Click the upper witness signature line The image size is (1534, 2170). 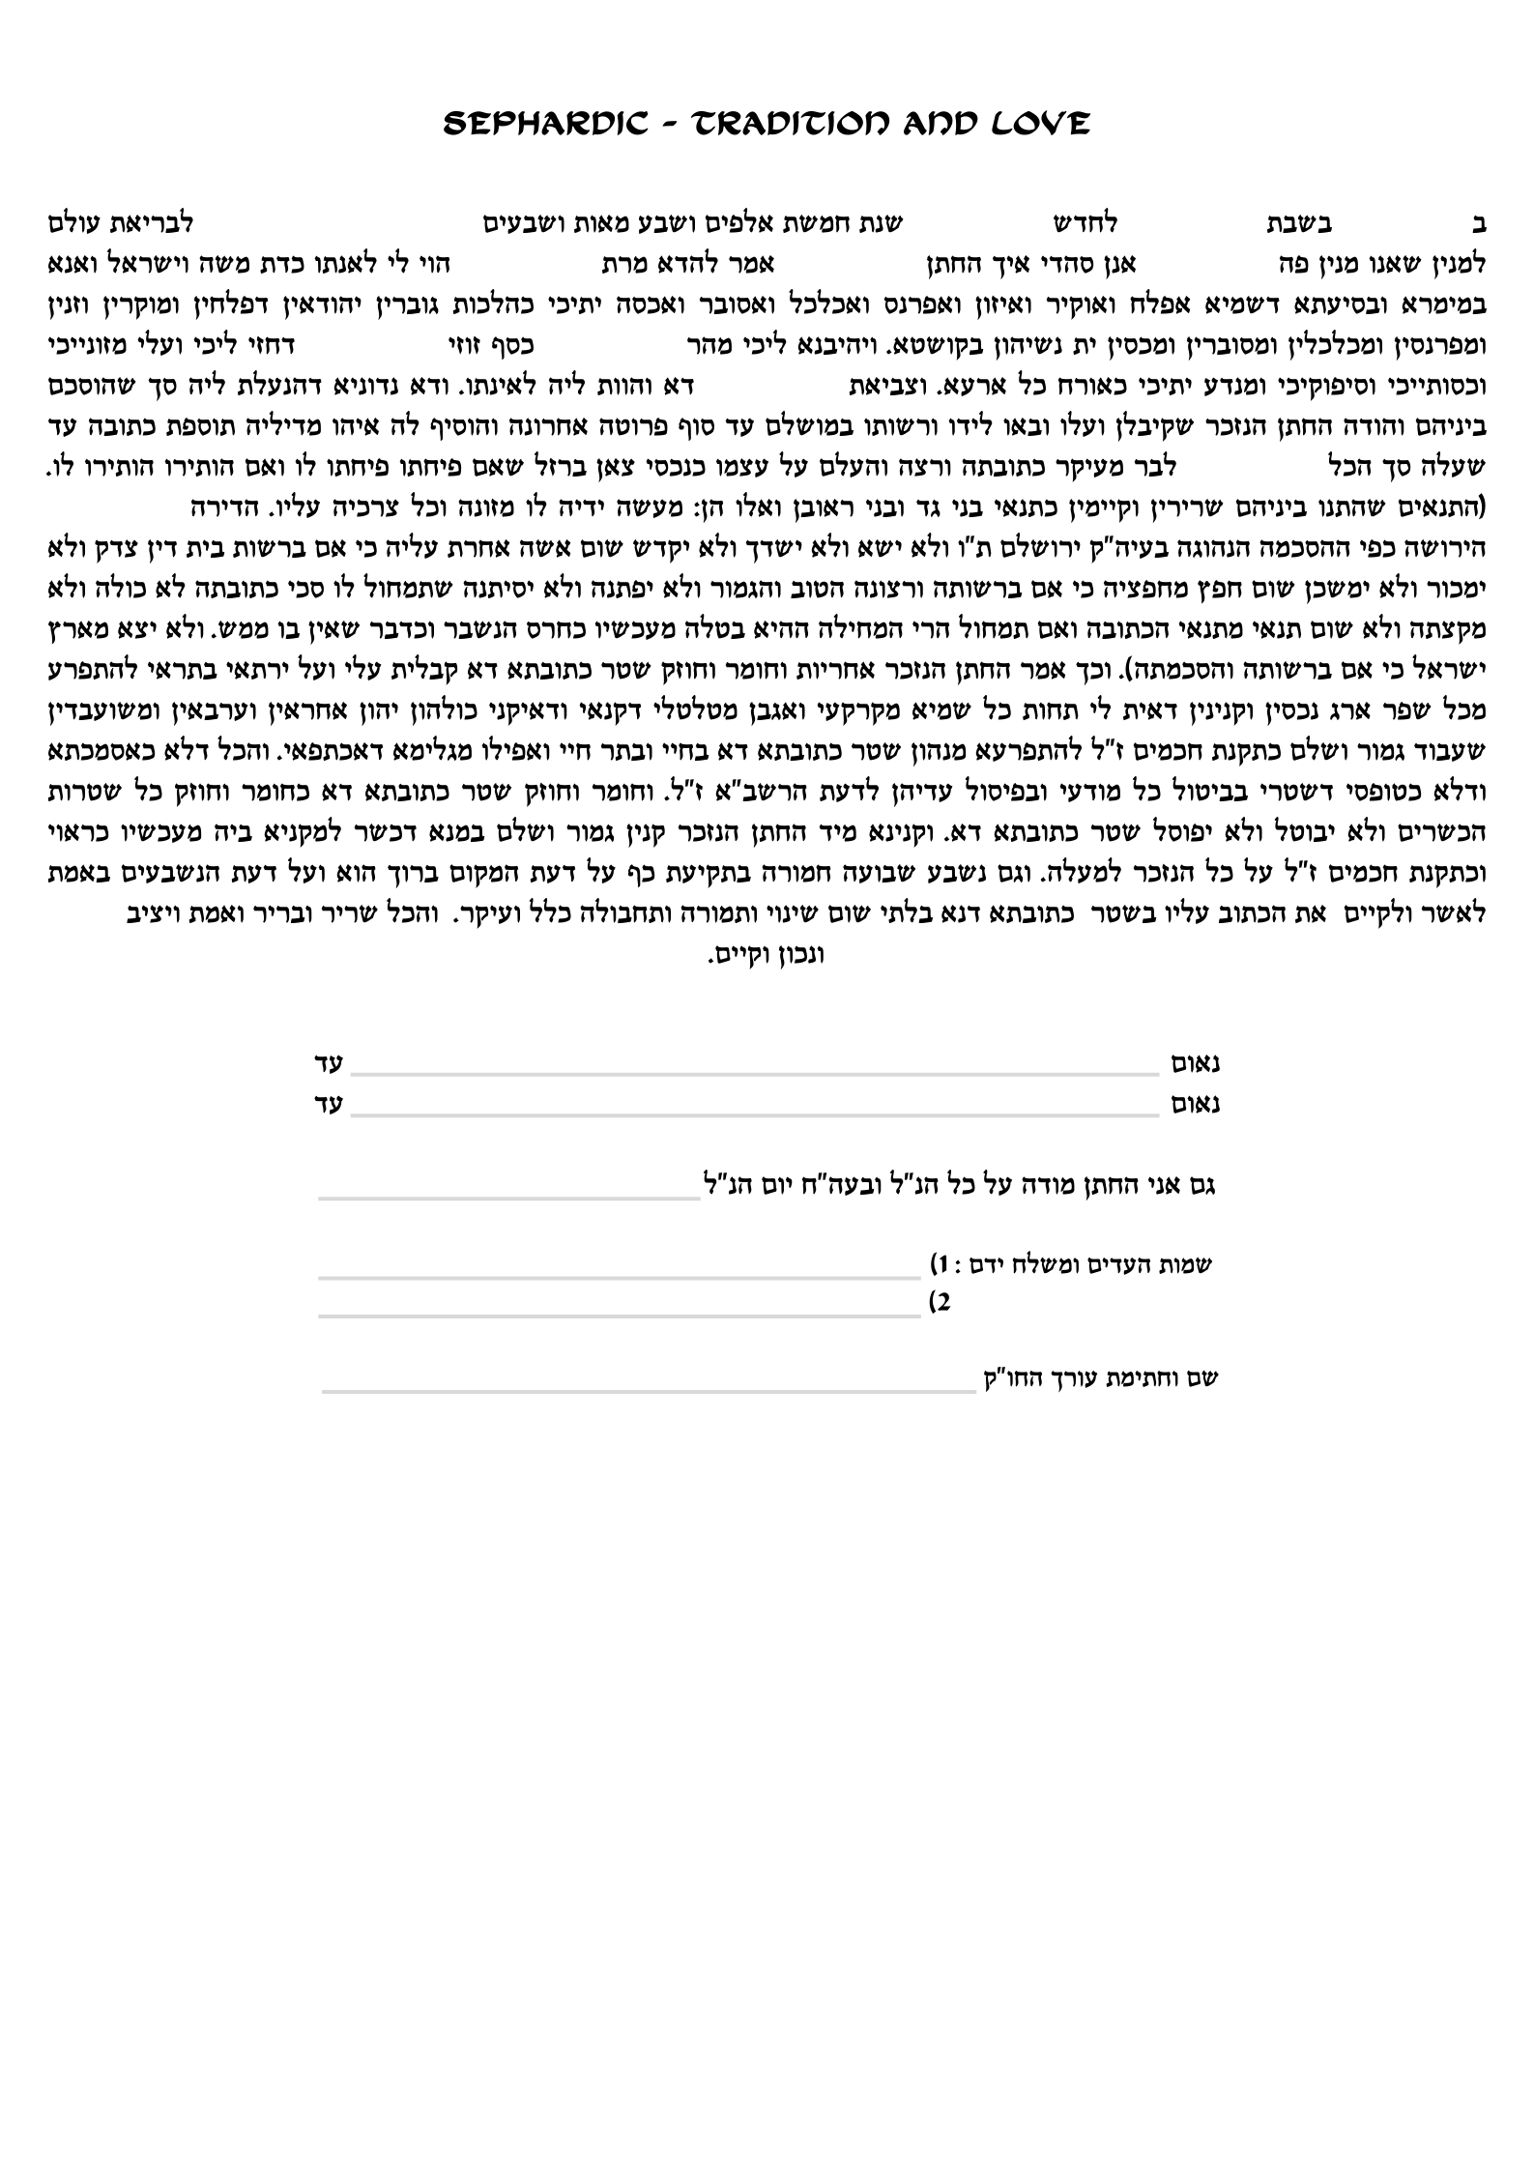pos(754,1073)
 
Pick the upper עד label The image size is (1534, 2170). pos(329,1064)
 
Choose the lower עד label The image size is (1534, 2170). pos(329,1105)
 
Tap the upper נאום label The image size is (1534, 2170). pos(1195,1064)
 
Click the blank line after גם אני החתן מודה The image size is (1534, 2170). pos(509,1199)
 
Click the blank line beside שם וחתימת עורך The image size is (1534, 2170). pos(648,1392)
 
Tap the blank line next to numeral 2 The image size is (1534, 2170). pos(619,1315)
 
